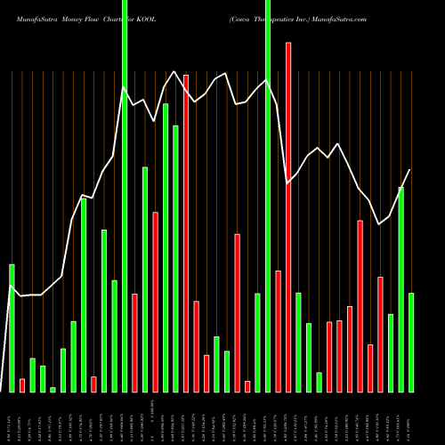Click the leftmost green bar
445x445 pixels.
pyautogui.click(x=12, y=328)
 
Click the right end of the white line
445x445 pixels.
pyautogui.click(x=410, y=170)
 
